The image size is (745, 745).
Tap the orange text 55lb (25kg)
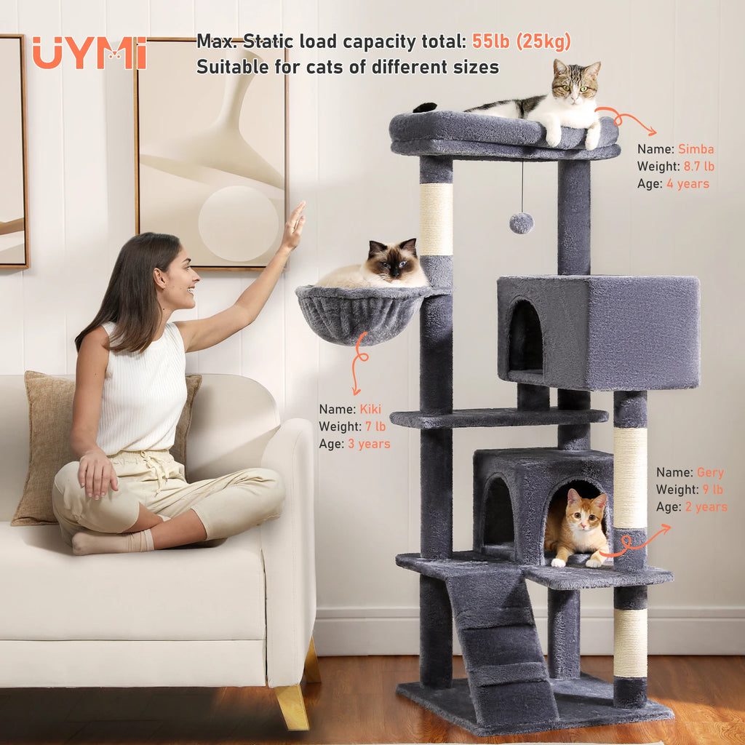pos(521,41)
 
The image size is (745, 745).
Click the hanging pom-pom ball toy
pos(521,223)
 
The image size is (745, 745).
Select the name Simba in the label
pos(696,149)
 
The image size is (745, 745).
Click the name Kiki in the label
pos(370,409)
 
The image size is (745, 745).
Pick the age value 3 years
pos(369,444)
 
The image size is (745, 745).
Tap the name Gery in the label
pos(710,472)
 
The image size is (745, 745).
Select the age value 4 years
pos(688,184)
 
